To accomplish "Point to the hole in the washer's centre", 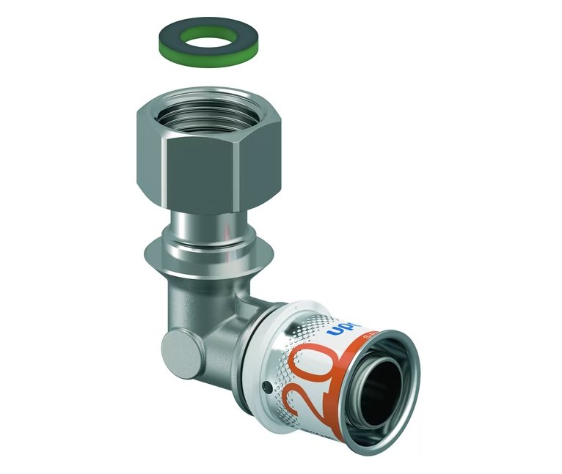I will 204,34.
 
